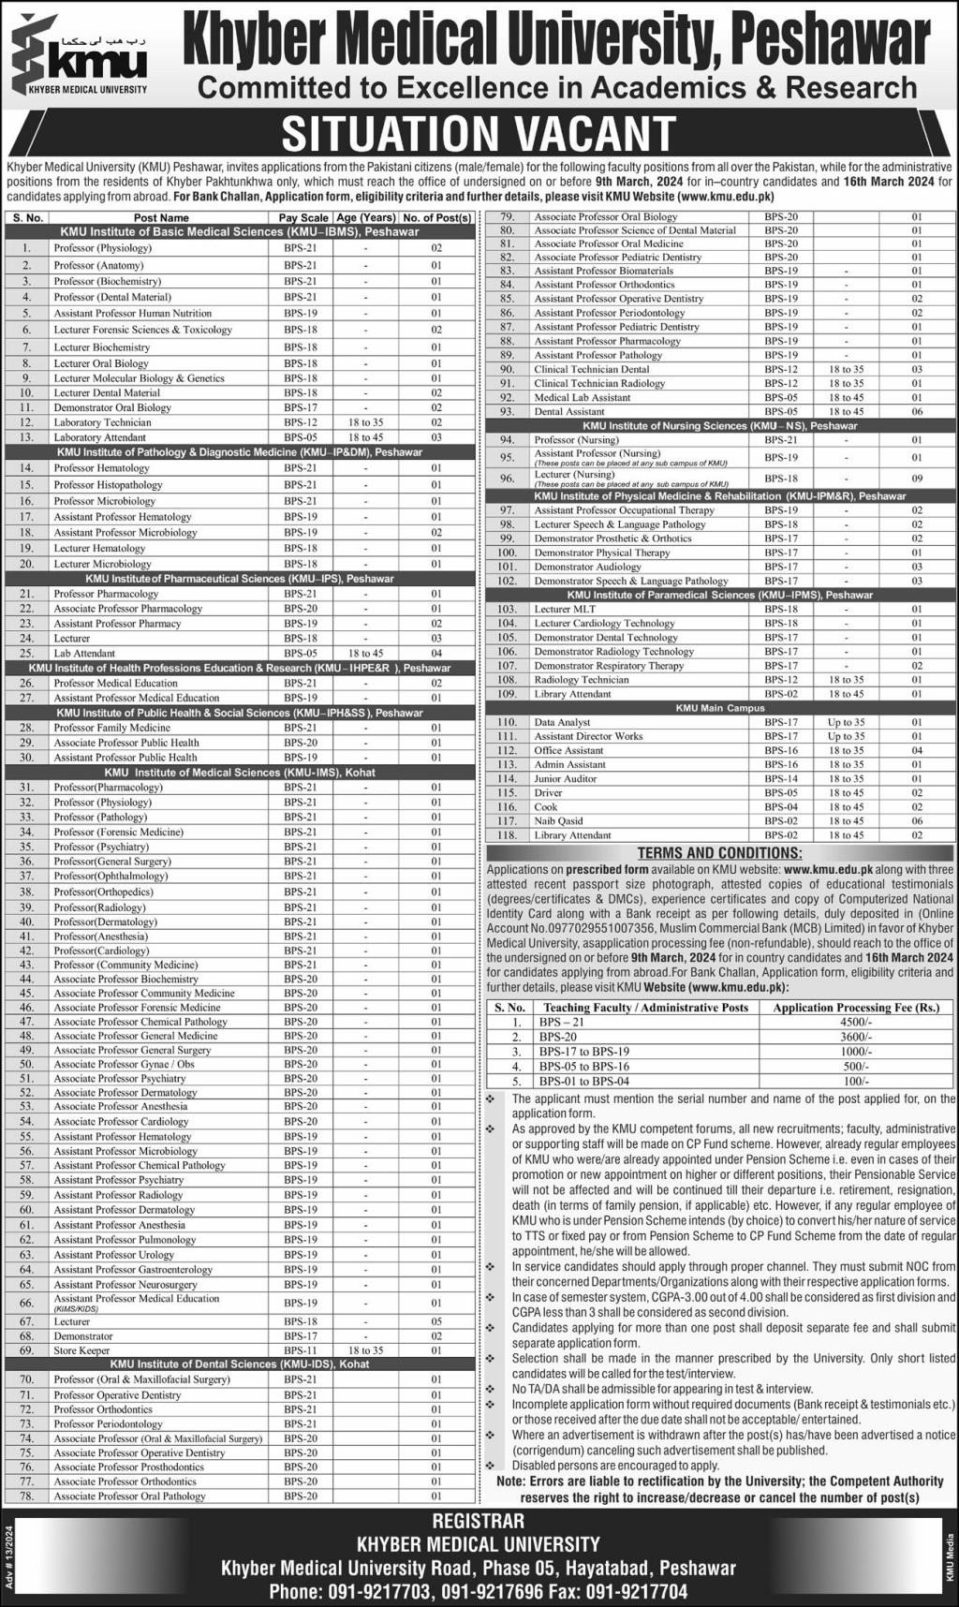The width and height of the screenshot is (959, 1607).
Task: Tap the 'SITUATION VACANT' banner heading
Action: [479, 133]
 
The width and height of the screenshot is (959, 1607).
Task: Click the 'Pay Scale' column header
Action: [303, 217]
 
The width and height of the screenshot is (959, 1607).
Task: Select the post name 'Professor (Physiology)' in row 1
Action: [102, 248]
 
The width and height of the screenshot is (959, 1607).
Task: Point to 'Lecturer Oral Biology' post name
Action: [101, 363]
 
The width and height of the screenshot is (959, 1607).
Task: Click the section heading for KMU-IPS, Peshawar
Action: [240, 579]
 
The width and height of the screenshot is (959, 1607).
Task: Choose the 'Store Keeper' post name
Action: [81, 1350]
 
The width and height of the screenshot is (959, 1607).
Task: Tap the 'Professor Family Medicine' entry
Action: [111, 728]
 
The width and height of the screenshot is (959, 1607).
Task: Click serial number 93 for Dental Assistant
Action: [508, 411]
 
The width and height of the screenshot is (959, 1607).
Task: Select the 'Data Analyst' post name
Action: [562, 722]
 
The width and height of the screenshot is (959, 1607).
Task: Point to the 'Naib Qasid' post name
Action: [558, 820]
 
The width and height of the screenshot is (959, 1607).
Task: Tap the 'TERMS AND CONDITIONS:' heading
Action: [719, 853]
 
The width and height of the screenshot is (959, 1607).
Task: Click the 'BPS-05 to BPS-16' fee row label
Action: [583, 1067]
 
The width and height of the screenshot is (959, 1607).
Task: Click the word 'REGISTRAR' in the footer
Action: [479, 1521]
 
